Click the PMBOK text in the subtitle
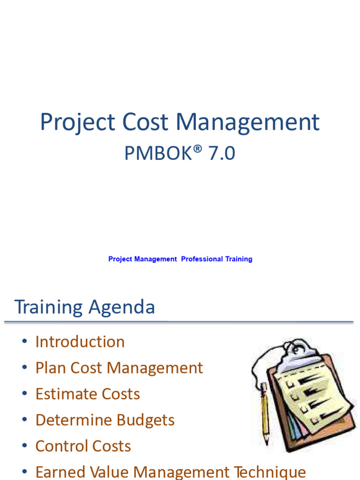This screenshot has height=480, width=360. [x=154, y=153]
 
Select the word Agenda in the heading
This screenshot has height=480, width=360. [x=121, y=307]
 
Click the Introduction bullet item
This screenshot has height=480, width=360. [x=80, y=342]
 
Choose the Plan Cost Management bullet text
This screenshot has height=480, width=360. [x=119, y=368]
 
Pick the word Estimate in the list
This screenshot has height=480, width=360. [x=63, y=394]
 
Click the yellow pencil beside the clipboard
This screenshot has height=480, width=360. [x=265, y=412]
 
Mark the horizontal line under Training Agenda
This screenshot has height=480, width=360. [x=178, y=322]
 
